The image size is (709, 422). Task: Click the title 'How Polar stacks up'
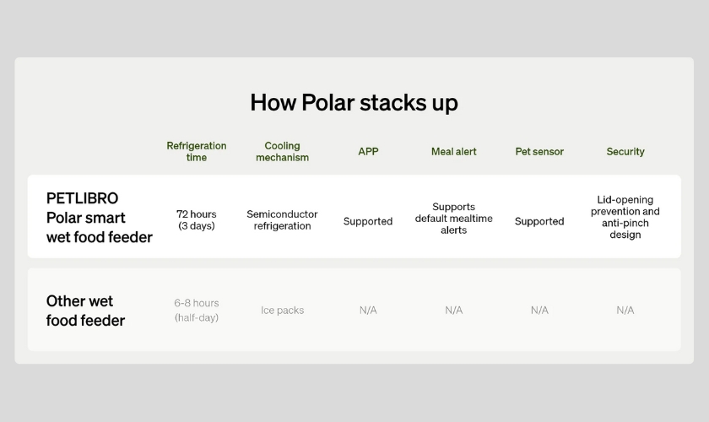[354, 103]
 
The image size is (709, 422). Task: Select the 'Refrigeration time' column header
[196, 152]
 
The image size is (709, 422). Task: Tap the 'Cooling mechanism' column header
[282, 152]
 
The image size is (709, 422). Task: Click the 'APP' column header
[368, 152]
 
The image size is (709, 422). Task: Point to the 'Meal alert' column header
[453, 152]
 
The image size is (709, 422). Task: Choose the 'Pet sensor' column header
[539, 152]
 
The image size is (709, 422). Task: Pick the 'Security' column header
[625, 152]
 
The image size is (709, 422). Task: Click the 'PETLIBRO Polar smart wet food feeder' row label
[100, 218]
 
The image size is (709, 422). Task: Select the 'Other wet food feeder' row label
[85, 311]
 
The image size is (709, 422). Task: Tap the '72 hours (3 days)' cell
[196, 219]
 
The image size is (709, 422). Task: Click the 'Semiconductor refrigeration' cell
[282, 219]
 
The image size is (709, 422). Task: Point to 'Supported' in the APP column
[368, 221]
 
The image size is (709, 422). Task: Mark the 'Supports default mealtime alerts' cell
[453, 219]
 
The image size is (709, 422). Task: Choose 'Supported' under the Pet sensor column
[539, 221]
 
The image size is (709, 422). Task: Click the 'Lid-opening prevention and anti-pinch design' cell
[625, 217]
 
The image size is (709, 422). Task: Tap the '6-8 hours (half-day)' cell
[196, 311]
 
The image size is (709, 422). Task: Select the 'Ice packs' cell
[282, 311]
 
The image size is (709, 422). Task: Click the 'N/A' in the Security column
[625, 311]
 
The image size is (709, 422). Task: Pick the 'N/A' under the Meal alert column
[453, 311]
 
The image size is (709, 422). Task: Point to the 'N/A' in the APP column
[368, 311]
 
